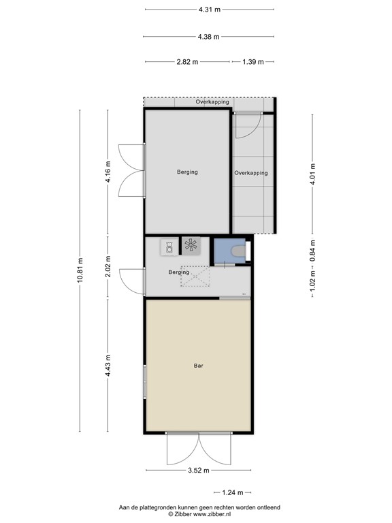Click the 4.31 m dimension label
[209, 10]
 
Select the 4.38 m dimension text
[209, 37]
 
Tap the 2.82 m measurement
[187, 62]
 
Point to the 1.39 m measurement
[252, 62]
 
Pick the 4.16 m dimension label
[108, 173]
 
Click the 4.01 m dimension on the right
[312, 173]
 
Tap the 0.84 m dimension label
[312, 251]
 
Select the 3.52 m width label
[199, 470]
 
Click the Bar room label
[199, 366]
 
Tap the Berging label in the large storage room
[187, 172]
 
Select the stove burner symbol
[191, 245]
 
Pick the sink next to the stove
[168, 246]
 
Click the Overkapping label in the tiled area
[251, 173]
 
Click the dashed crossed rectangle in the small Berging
[196, 276]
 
